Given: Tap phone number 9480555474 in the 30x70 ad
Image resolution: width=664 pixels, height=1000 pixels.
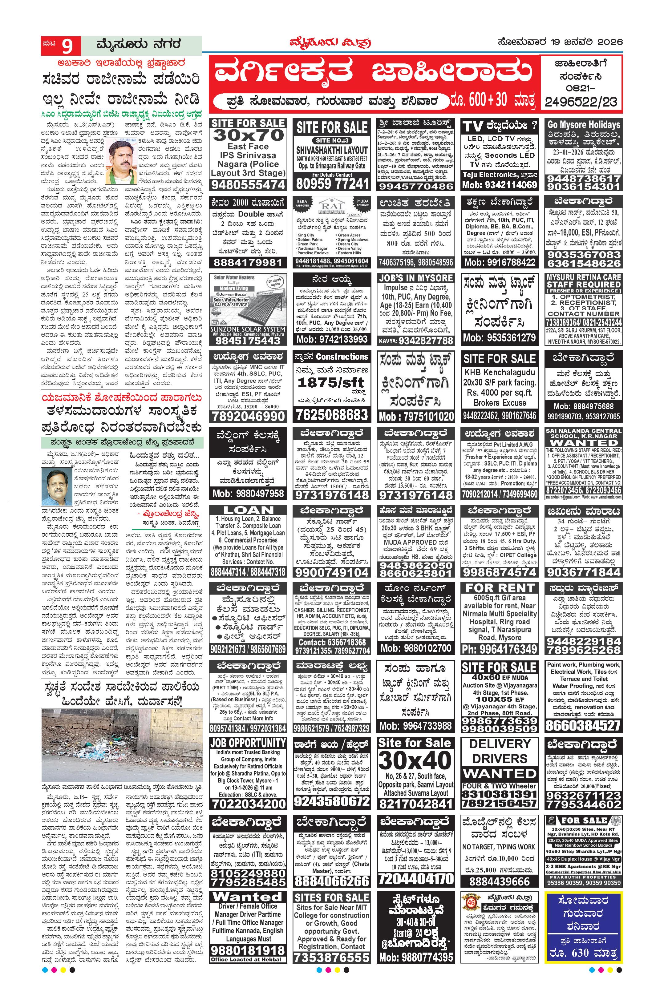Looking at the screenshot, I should point(248,185).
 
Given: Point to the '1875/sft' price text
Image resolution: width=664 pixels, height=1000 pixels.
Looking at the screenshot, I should point(331,382).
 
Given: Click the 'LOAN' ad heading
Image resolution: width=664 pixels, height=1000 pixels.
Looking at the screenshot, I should point(249,510).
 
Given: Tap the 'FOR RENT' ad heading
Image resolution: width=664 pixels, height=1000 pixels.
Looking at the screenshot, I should point(500,588).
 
